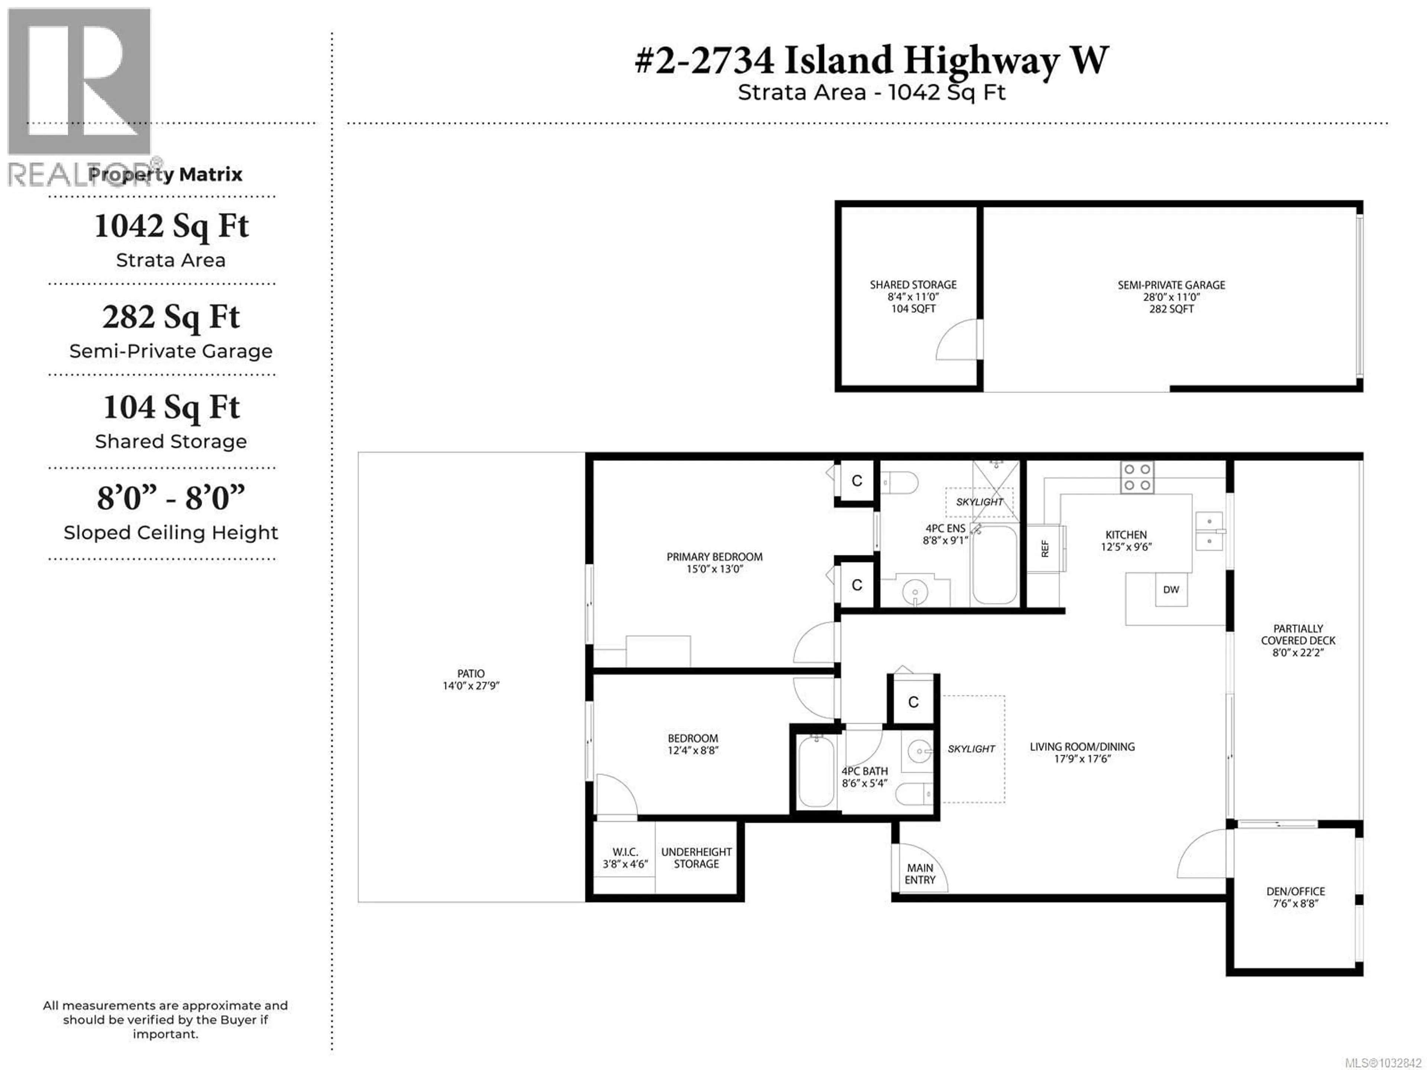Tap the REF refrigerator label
(1045, 548)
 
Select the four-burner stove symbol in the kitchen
(1137, 478)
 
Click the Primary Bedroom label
(714, 562)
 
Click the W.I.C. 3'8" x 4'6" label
(624, 858)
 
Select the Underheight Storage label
(696, 858)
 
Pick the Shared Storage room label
(913, 296)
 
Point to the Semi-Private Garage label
(1171, 296)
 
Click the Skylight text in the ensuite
(979, 502)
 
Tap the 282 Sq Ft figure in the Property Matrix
(171, 317)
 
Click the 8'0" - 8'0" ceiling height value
(171, 498)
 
